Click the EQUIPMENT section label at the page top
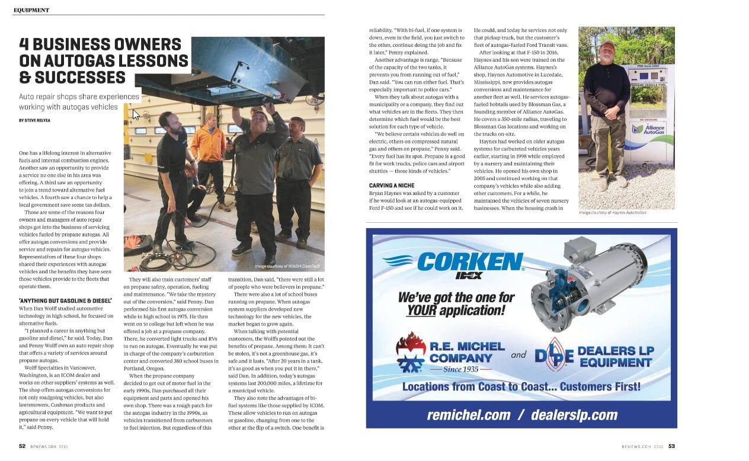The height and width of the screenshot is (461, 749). [31, 10]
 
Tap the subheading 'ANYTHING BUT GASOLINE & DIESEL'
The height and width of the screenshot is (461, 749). [66, 301]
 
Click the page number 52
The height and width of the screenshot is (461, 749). [22, 446]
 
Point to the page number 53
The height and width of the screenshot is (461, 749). [671, 446]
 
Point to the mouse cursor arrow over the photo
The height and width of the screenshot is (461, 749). [136, 114]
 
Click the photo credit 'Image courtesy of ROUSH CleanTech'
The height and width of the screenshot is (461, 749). [287, 266]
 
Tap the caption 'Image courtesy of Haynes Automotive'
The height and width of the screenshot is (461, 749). [613, 213]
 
